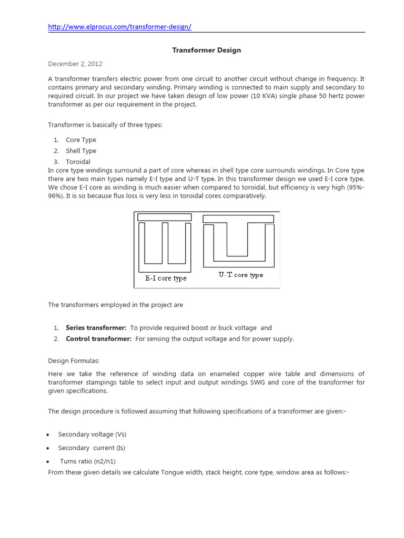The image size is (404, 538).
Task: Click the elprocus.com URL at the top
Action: [123, 27]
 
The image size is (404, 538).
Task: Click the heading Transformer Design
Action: [207, 50]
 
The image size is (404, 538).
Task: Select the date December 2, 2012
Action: [75, 64]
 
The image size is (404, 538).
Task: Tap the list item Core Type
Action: [80, 140]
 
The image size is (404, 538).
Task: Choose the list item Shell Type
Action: [80, 151]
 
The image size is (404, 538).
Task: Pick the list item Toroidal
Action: [78, 162]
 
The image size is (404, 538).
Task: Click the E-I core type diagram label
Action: [166, 278]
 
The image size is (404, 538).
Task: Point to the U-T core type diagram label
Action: [241, 275]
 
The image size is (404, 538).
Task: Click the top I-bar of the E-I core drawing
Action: [164, 217]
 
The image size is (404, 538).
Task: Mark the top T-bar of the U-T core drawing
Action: [238, 219]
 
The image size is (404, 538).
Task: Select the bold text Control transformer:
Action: [98, 339]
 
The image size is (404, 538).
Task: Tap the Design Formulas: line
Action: [73, 361]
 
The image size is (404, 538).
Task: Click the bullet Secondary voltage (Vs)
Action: [92, 434]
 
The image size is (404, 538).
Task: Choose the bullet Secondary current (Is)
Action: [92, 448]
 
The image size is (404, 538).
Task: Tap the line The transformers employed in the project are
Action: [116, 305]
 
